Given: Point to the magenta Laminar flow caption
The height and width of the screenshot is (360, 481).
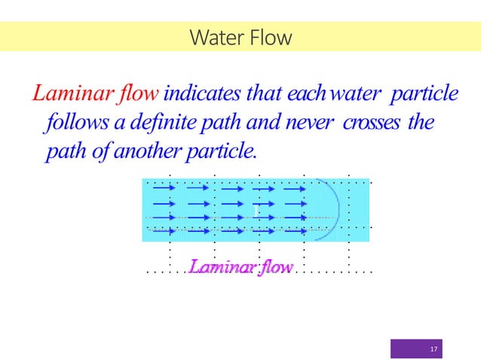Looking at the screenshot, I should click(240, 267).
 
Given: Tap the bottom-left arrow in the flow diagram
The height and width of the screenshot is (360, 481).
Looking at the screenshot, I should click(164, 231).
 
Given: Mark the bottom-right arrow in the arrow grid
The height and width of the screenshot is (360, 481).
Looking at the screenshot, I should click(295, 231).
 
